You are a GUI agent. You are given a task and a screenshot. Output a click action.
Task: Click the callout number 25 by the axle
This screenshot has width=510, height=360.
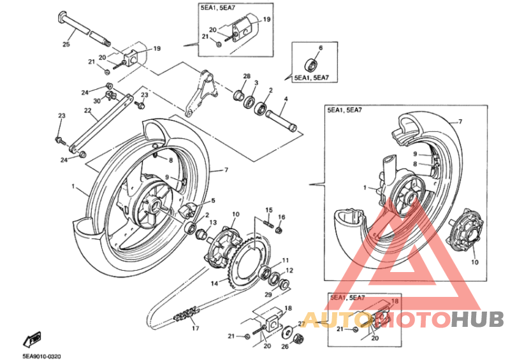66,43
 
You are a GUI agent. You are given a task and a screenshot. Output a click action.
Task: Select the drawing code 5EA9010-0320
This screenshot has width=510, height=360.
41,356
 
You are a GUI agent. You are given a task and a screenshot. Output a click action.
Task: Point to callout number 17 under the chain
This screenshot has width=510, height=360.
195,328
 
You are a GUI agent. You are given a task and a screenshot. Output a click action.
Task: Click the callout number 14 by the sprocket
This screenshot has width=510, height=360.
214,284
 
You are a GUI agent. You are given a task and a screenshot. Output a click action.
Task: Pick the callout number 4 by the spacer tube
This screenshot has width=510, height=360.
286,99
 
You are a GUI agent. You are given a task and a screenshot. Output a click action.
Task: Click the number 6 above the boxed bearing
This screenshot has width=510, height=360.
321,48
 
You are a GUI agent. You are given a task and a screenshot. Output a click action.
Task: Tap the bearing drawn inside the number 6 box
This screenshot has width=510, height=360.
311,65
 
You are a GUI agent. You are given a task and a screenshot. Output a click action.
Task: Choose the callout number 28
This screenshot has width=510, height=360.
247,76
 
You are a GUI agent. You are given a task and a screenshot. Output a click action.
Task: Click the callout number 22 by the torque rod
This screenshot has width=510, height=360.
87,111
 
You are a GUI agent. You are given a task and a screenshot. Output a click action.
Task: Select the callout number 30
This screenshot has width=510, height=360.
97,101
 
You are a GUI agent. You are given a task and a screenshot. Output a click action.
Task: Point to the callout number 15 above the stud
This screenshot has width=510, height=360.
268,210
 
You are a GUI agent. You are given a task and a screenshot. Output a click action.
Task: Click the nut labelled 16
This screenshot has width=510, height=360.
279,230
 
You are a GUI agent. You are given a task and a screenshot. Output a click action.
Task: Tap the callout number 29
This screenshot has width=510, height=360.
268,294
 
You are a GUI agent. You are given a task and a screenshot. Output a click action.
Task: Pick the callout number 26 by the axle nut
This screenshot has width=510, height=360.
284,347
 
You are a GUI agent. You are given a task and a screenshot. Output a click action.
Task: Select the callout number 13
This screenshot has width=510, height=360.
213,222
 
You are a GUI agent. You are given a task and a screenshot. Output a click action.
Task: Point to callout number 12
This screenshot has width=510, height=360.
289,270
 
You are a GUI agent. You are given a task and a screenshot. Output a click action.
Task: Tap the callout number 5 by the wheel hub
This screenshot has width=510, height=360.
213,201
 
